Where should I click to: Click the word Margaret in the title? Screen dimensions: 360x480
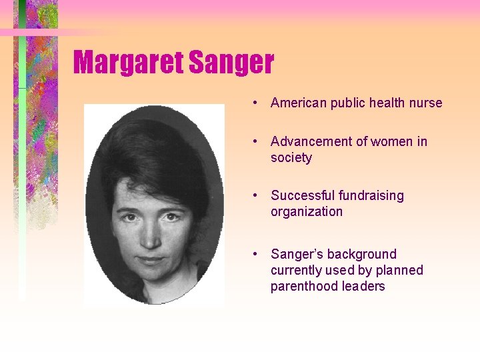click(x=129, y=63)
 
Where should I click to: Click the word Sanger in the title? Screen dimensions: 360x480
click(x=231, y=63)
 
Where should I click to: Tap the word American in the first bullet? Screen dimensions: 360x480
click(x=298, y=103)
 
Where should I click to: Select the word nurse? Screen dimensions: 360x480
click(x=426, y=103)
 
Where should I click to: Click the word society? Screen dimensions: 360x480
click(x=291, y=158)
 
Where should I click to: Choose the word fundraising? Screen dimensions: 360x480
click(x=371, y=195)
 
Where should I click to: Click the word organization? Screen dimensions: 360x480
click(x=307, y=212)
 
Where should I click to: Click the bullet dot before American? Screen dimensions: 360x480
click(x=255, y=103)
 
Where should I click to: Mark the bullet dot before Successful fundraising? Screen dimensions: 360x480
click(x=255, y=195)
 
